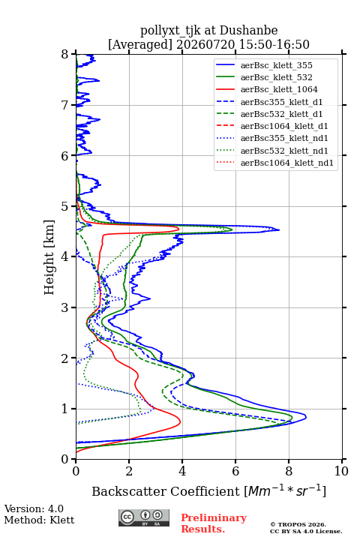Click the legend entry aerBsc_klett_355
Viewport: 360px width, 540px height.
276,65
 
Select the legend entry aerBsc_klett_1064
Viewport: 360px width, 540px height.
279,89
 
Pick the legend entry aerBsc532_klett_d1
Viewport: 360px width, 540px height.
281,114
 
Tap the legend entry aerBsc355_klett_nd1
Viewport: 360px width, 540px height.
284,138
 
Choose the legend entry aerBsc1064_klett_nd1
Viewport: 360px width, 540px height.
287,163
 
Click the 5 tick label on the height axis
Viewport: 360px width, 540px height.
65,206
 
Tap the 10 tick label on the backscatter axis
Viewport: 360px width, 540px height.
341,471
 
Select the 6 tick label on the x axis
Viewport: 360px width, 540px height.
235,471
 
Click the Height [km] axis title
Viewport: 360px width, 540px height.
49,257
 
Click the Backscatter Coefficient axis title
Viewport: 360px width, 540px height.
208,490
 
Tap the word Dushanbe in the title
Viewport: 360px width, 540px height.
248,30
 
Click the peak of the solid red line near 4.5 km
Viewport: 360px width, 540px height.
178,228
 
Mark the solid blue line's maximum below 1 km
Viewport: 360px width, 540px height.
305,417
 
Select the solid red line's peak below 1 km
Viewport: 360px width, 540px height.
180,421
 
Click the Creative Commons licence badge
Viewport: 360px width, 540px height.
144,517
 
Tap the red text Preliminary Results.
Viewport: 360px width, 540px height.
214,523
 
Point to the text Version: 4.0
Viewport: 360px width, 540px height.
34,508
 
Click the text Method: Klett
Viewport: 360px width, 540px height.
39,520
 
